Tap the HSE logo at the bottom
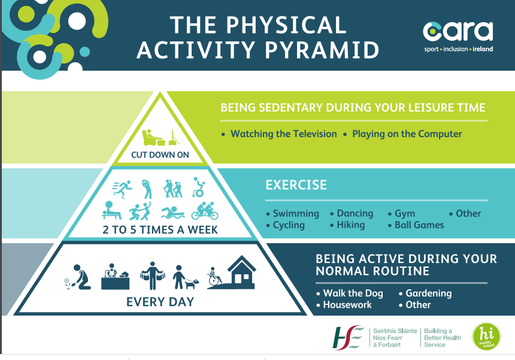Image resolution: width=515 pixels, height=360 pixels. [348, 337]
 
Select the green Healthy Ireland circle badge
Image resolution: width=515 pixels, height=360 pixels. [486, 336]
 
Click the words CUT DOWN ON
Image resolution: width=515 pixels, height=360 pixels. [160, 155]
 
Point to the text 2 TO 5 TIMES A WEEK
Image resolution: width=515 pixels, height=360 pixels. [160, 229]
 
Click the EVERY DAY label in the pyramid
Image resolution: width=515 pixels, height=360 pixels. [160, 302]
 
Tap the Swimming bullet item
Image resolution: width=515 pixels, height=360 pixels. [293, 213]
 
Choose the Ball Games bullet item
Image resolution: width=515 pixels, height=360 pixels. [416, 225]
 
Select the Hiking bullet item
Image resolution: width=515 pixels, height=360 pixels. [347, 225]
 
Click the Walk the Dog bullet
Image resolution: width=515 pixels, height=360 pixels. [350, 293]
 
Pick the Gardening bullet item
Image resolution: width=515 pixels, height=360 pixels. [425, 293]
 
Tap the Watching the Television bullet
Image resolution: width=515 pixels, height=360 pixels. [279, 134]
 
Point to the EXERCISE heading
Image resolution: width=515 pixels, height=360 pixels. [296, 185]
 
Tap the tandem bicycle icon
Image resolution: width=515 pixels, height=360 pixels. [205, 211]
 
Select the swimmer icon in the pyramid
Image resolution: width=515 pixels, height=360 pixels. [172, 213]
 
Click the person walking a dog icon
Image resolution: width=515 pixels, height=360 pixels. [186, 277]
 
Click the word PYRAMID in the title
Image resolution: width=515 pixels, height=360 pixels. [322, 50]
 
